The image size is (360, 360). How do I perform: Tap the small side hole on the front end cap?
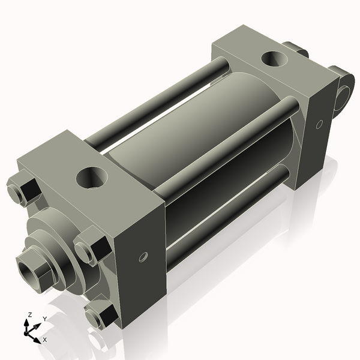point(143,257)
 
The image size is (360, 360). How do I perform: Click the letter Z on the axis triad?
point(29,314)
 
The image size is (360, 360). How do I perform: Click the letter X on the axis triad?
point(44,340)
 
